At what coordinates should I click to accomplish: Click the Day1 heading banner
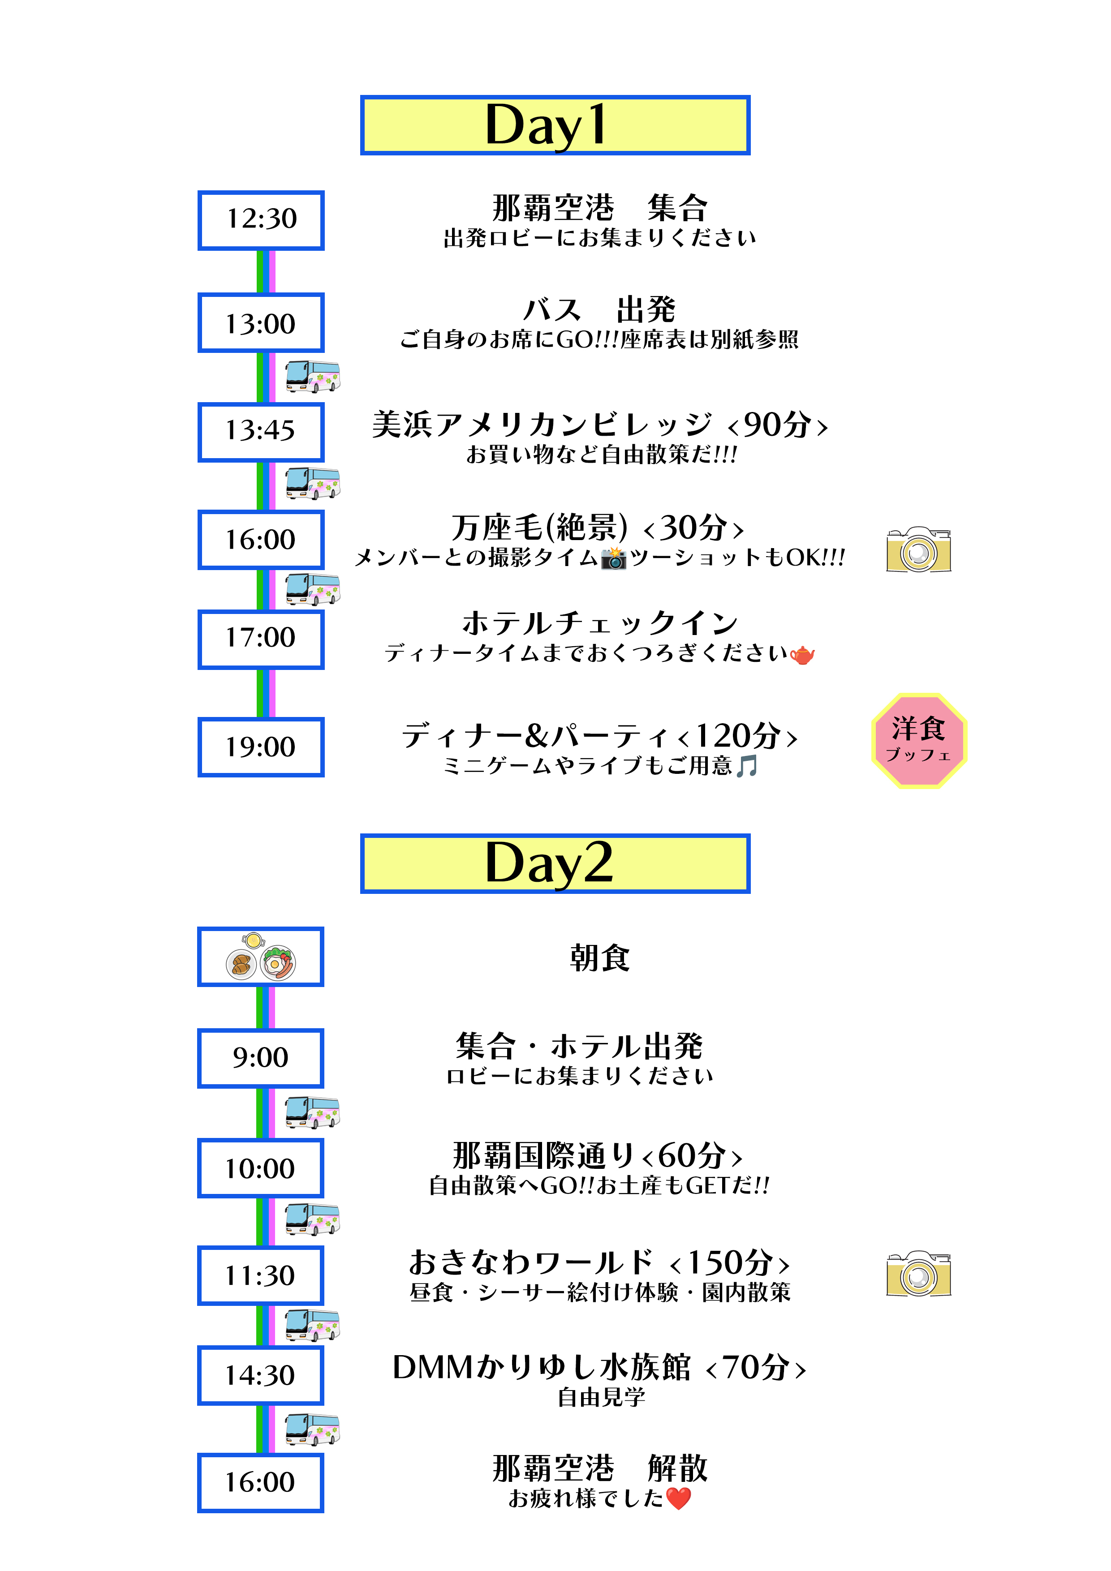coord(555,125)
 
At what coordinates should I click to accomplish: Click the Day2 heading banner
coord(555,863)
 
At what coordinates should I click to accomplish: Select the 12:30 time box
coord(261,219)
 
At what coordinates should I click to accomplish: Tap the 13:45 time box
coord(261,431)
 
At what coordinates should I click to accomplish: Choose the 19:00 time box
coord(261,747)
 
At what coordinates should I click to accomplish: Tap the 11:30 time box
coord(261,1275)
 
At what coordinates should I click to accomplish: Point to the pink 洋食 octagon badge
coord(919,740)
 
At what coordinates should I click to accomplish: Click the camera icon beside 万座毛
coord(919,549)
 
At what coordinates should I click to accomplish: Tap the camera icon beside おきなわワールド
coord(919,1274)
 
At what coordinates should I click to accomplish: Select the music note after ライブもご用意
coord(747,766)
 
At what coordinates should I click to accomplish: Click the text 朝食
coord(600,957)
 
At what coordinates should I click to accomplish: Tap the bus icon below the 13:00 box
coord(313,376)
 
